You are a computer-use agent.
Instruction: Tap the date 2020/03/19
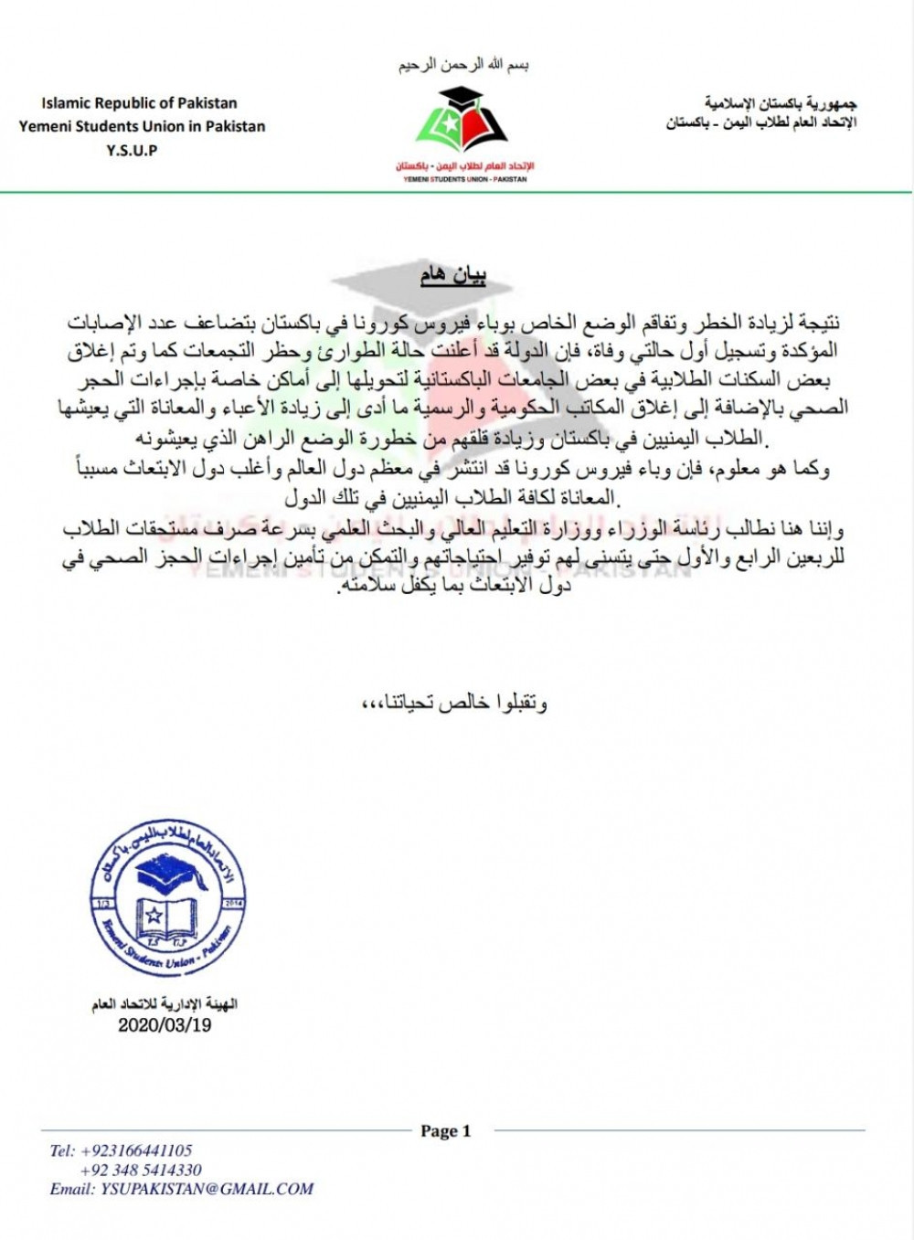(x=165, y=1025)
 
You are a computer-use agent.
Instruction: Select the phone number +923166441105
(x=136, y=1150)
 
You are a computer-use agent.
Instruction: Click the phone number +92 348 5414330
(x=141, y=1170)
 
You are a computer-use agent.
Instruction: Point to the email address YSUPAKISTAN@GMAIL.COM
(x=207, y=1189)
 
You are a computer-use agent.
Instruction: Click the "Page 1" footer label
(x=445, y=1131)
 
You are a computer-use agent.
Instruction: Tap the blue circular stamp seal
(x=168, y=900)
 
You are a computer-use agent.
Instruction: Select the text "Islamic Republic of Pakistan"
(x=139, y=103)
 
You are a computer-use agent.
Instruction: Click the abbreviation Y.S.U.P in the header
(x=132, y=151)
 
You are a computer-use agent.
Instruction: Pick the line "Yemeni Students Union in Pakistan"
(x=142, y=127)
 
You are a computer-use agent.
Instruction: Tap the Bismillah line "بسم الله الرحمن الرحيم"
(x=463, y=66)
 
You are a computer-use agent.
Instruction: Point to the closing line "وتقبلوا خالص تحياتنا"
(x=455, y=703)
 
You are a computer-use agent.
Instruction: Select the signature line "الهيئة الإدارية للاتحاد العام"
(x=165, y=1004)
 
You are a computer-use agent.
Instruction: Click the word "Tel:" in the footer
(x=62, y=1150)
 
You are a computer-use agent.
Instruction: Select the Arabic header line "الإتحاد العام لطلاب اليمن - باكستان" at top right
(x=760, y=123)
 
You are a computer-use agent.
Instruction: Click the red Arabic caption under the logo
(x=464, y=166)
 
